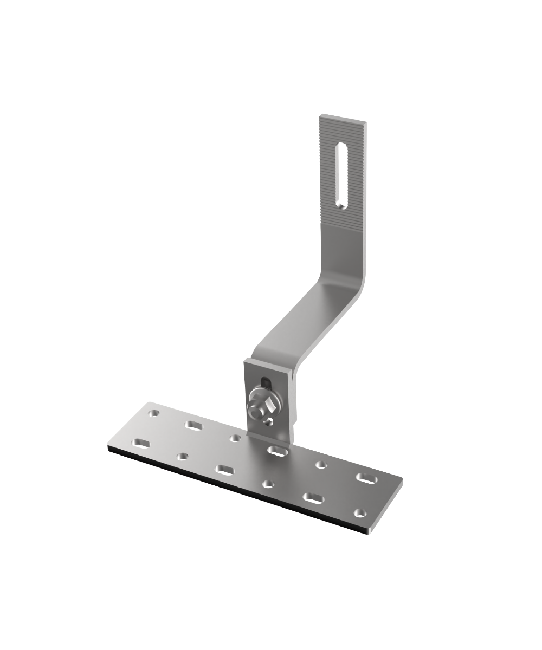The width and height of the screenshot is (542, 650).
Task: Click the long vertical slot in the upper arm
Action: [341, 176]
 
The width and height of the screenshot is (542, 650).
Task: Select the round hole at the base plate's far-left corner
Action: [154, 413]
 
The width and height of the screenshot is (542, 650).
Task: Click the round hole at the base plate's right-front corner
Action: [359, 512]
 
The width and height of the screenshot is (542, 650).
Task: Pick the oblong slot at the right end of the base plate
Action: [367, 478]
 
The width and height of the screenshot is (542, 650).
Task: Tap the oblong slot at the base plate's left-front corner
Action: [142, 444]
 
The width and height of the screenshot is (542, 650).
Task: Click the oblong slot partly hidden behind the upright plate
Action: [278, 451]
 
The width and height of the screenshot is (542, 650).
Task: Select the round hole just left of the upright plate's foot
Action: [235, 438]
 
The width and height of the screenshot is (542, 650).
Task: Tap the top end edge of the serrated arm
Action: [343, 118]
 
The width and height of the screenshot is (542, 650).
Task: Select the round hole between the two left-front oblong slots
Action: [183, 457]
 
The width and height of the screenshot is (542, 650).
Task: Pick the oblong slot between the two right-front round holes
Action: [313, 498]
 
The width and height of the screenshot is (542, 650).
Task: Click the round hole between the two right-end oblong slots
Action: [321, 464]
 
